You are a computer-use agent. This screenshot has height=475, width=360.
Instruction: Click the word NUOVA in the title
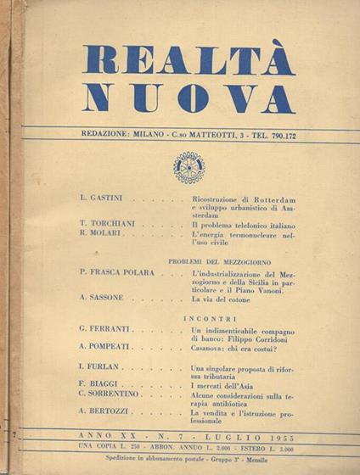[188, 98]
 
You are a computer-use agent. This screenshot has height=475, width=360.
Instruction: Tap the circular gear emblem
[188, 167]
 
